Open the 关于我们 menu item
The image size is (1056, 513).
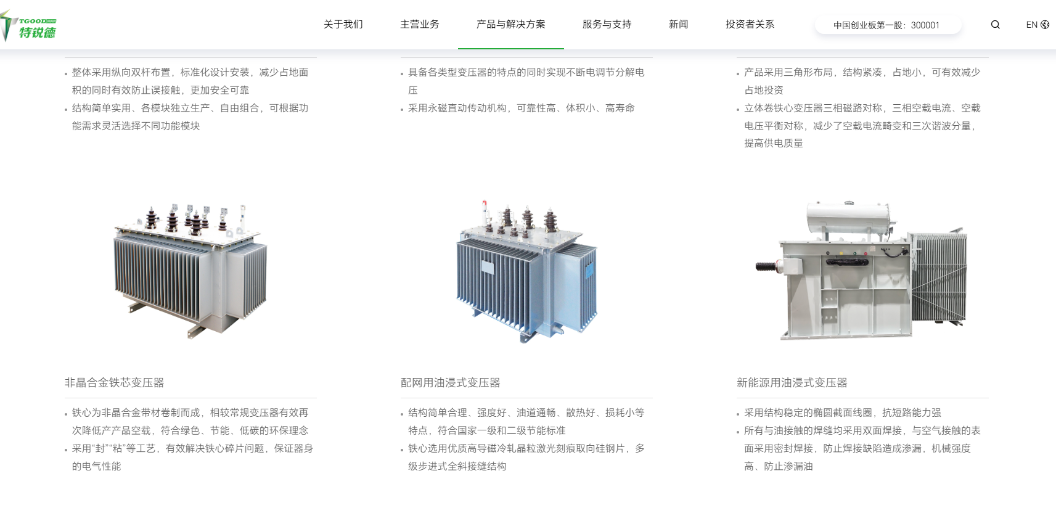343,25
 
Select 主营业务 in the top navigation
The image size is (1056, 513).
420,25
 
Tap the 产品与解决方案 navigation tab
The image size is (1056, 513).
510,25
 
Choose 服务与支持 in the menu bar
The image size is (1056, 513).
607,25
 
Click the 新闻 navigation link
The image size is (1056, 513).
678,25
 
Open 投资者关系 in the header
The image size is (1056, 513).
750,25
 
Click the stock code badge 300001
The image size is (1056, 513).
886,25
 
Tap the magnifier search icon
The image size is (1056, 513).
995,25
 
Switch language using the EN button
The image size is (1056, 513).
1037,25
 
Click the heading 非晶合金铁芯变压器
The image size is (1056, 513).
115,383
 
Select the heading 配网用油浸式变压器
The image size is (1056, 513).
451,383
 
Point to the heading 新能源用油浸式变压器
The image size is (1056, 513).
792,383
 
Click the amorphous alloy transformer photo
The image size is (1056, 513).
190,271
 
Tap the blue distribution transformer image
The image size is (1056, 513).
526,271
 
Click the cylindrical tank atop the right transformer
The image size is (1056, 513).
849,218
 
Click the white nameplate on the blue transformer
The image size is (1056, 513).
488,268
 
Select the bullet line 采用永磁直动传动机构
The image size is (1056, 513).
521,109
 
